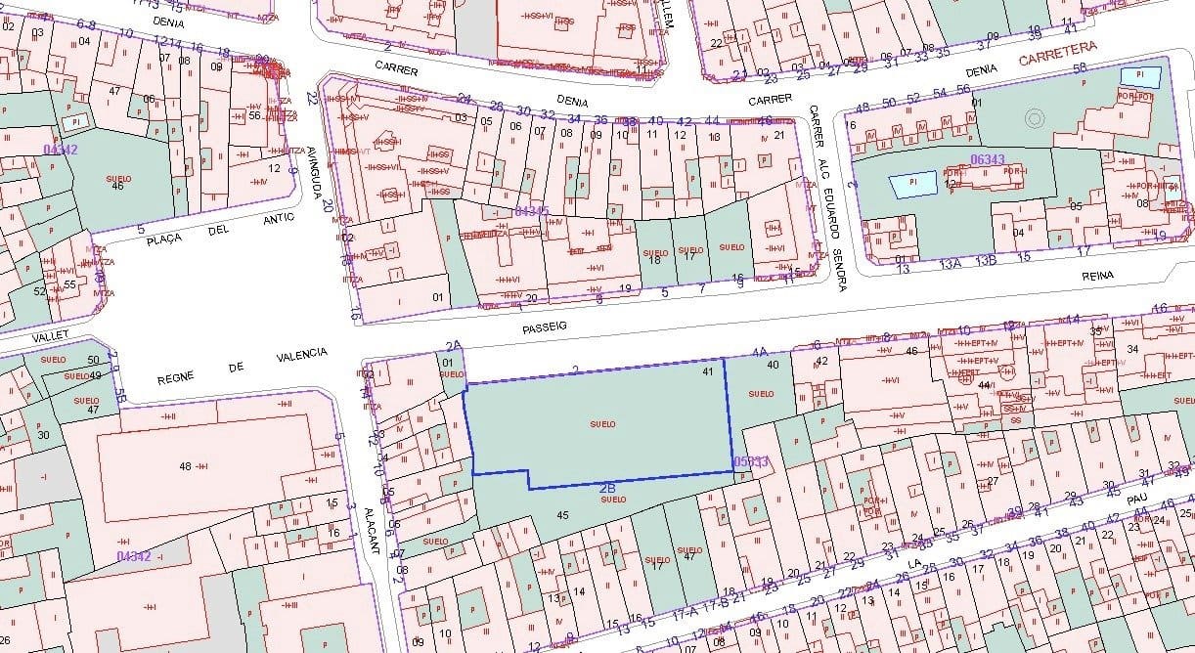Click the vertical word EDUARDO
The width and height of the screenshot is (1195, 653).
click(831, 214)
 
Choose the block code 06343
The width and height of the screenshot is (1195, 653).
click(989, 159)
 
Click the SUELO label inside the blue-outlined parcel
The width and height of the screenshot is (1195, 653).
click(603, 423)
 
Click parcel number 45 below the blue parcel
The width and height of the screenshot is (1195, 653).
click(561, 514)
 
